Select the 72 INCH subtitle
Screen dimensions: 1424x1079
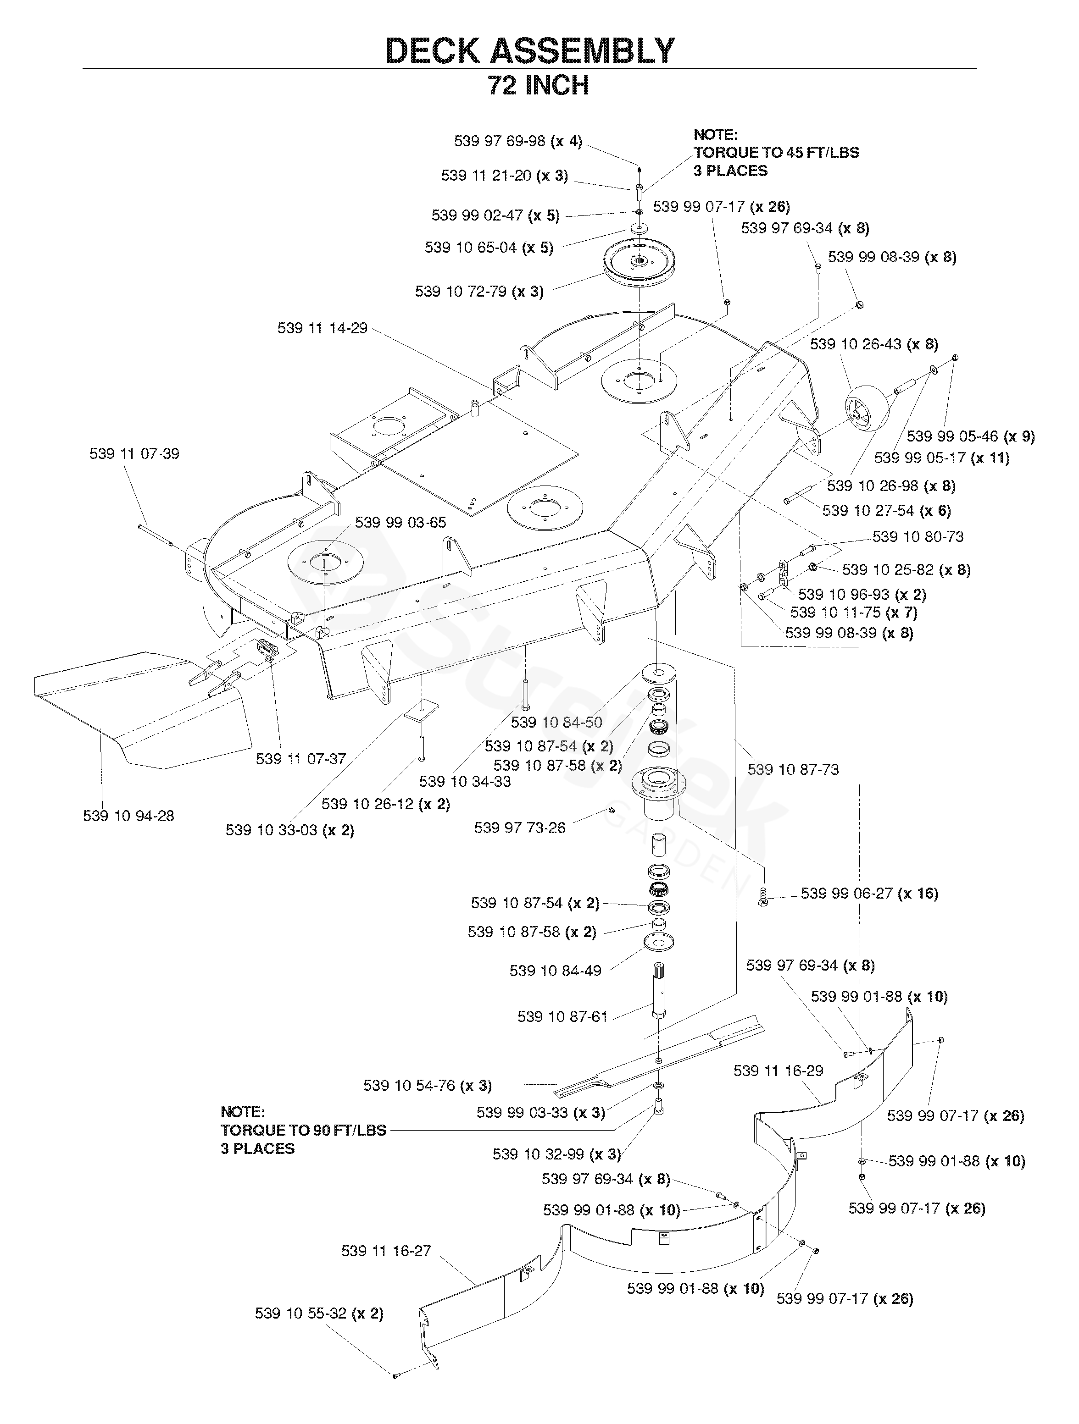tap(539, 86)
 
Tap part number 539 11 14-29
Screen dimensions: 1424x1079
tap(322, 328)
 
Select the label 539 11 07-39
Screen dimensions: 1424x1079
tap(134, 454)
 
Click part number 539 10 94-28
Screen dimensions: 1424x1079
tap(128, 816)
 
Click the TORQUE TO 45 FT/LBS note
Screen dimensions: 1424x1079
tap(776, 153)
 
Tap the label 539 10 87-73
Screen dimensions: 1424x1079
tap(793, 769)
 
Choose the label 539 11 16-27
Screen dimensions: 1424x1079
tap(386, 1251)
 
